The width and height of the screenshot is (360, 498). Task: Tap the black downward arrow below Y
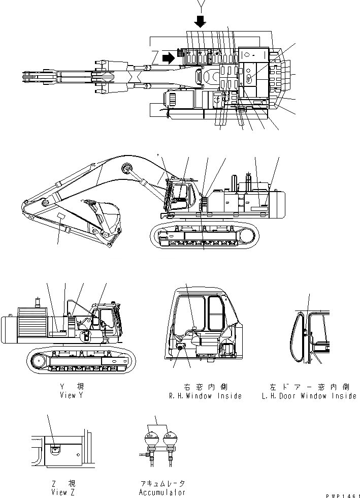[201, 21]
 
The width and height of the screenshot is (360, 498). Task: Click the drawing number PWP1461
[342, 494]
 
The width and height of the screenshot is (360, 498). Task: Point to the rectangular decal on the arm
[61, 217]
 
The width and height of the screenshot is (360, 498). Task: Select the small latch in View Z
[54, 448]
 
